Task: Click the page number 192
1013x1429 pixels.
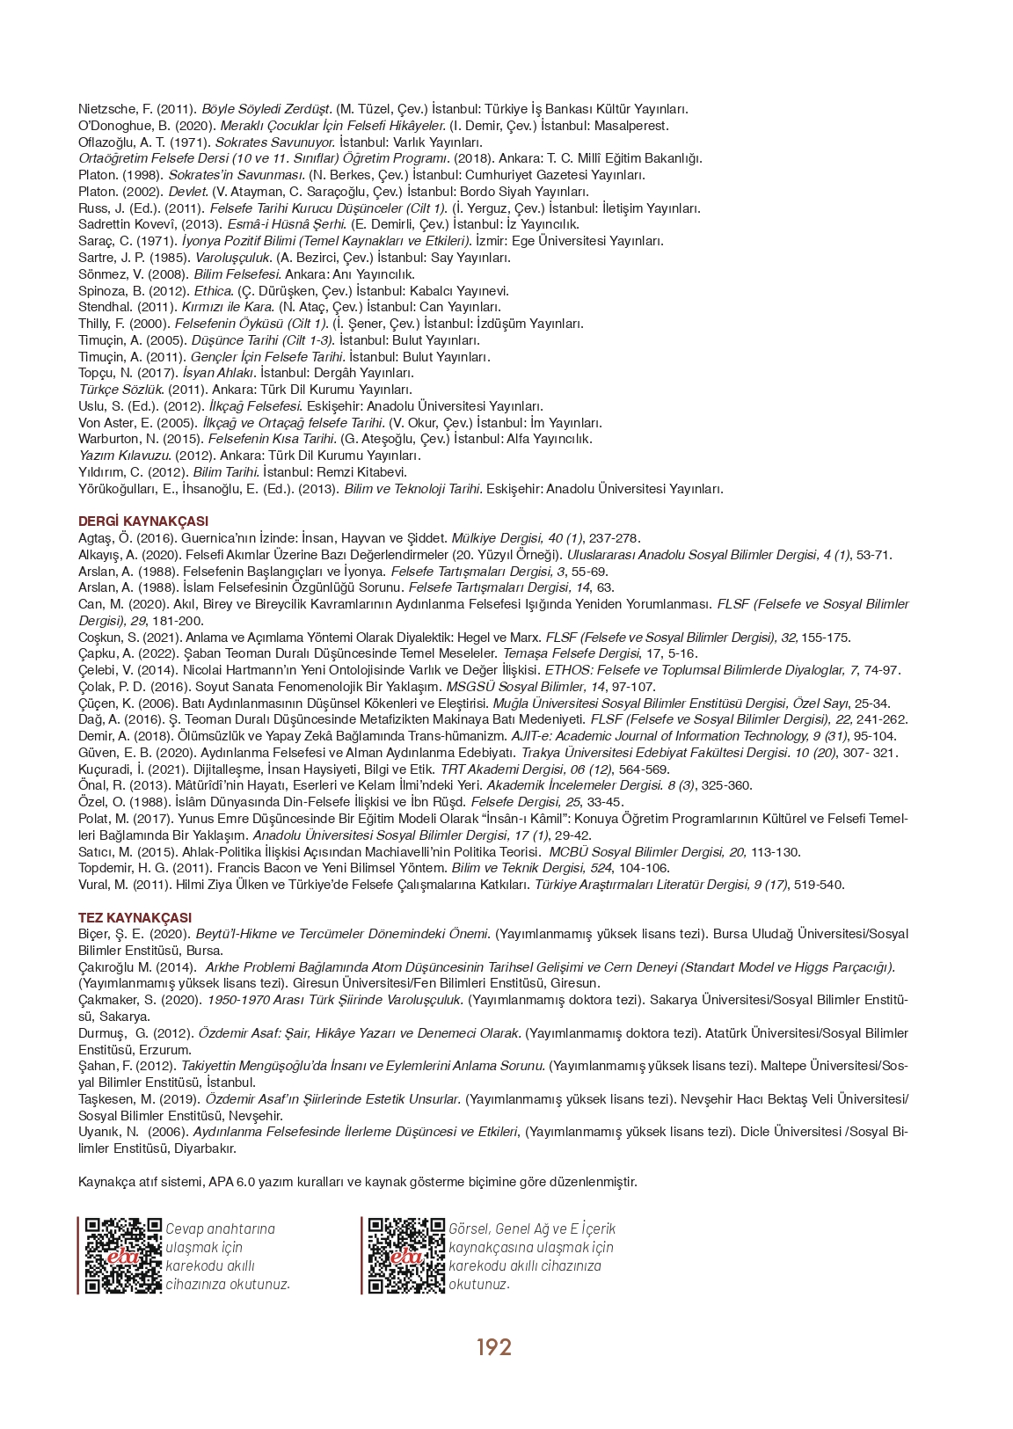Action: click(493, 1346)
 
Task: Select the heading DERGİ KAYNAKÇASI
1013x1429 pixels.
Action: click(142, 521)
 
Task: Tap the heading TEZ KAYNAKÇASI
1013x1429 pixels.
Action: click(135, 917)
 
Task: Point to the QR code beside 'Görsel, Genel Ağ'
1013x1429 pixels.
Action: click(406, 1255)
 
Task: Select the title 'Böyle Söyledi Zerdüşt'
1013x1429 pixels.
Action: click(267, 109)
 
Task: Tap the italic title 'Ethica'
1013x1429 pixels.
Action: click(214, 291)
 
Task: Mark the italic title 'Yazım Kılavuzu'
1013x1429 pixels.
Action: click(124, 456)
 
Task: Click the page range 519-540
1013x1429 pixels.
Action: click(819, 885)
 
